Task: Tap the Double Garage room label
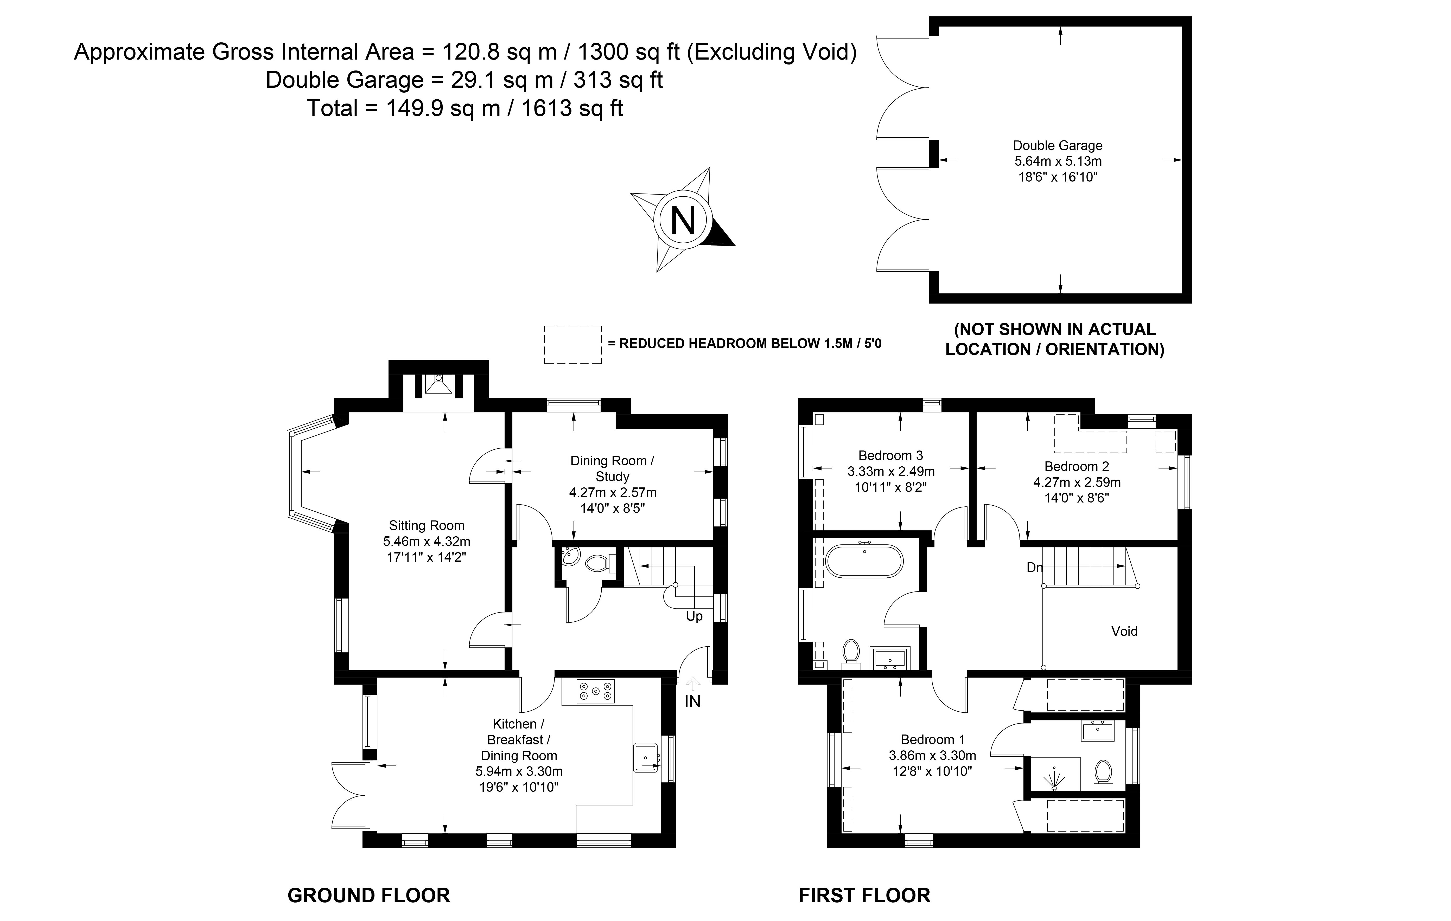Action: pyautogui.click(x=1058, y=145)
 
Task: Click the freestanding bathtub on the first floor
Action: pyautogui.click(x=864, y=561)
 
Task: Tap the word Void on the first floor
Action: pyautogui.click(x=1124, y=631)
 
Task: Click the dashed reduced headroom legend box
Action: pyautogui.click(x=572, y=345)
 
